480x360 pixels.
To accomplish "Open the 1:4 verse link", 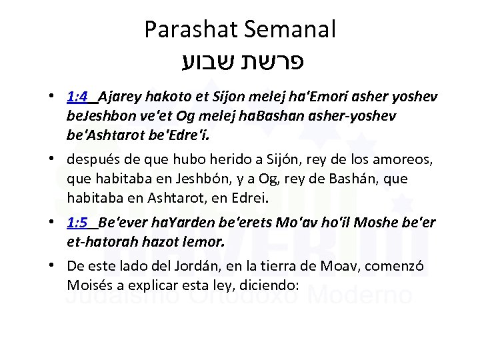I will coord(78,97).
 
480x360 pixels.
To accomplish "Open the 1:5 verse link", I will coord(78,222).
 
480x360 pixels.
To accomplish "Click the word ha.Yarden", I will coord(170,222).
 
